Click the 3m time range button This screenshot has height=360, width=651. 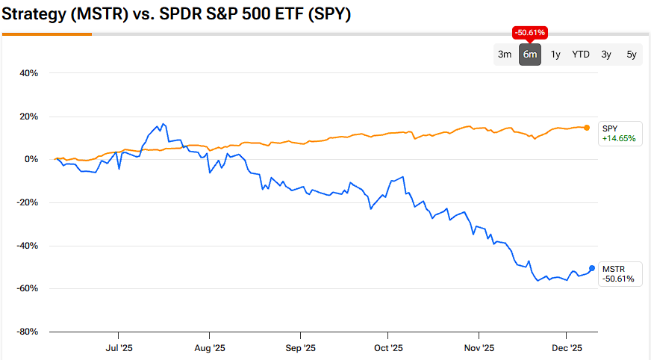[x=505, y=55]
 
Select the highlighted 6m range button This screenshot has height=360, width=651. [x=530, y=55]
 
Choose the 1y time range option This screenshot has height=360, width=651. [x=555, y=55]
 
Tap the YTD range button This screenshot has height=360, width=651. [x=581, y=55]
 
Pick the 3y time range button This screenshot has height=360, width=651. [x=606, y=55]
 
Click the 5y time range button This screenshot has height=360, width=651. [x=632, y=55]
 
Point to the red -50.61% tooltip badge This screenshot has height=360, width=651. [x=530, y=33]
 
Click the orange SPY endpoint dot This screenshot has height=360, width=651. [x=587, y=128]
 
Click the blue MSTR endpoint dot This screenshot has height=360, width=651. [x=592, y=268]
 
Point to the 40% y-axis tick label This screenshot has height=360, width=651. [x=28, y=73]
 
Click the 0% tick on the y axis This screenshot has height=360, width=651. [x=31, y=160]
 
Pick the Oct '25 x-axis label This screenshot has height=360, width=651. [x=388, y=348]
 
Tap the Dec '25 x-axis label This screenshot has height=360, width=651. [x=567, y=348]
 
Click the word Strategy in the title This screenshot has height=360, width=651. [x=35, y=14]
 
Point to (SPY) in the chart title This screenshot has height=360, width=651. [x=330, y=14]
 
